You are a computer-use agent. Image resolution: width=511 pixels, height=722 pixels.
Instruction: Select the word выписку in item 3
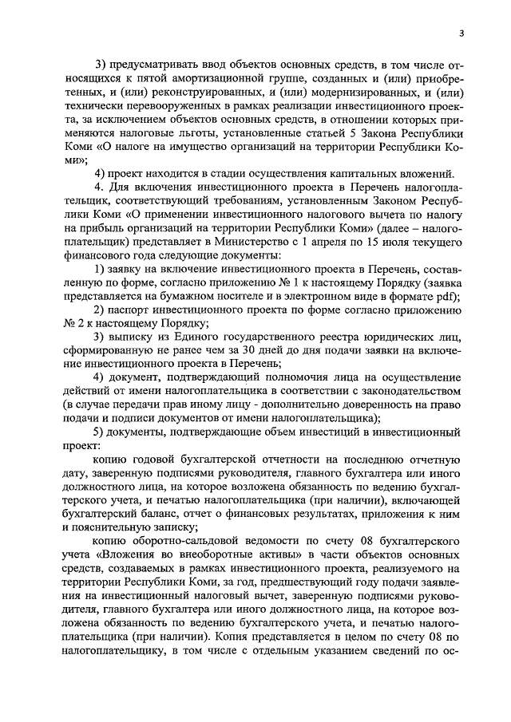pos(131,337)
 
